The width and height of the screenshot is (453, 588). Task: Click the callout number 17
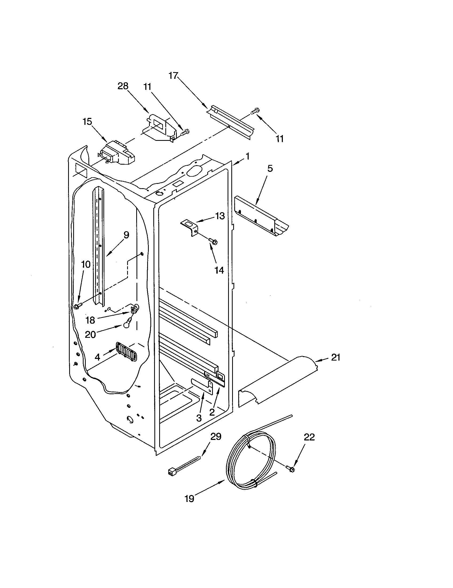(x=174, y=76)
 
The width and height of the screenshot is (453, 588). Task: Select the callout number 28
(x=123, y=86)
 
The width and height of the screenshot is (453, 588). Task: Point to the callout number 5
(x=270, y=169)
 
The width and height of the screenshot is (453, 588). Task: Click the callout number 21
(x=335, y=358)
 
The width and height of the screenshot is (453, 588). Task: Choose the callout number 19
(x=189, y=499)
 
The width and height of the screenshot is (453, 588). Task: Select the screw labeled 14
(x=214, y=241)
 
